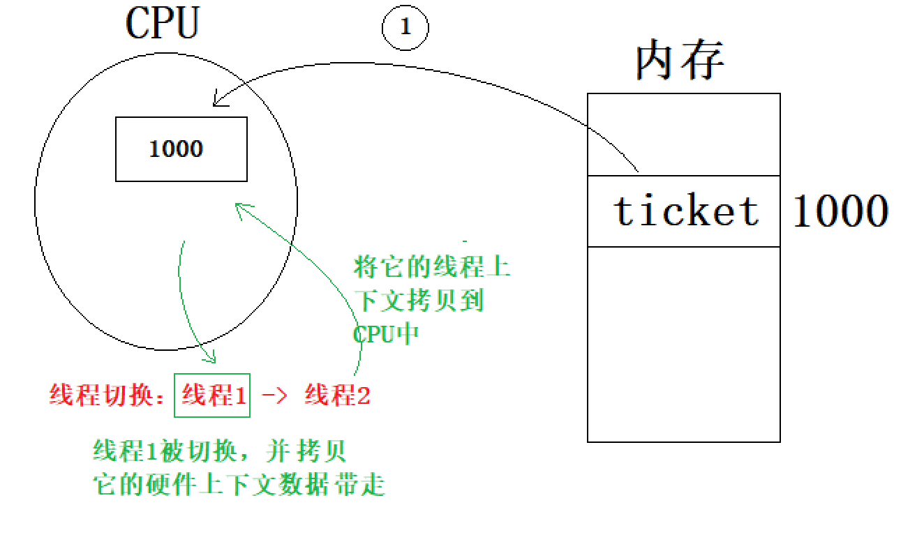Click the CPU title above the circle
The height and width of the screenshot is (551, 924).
[162, 25]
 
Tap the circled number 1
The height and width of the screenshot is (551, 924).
[405, 28]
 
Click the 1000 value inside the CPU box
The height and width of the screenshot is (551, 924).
[176, 149]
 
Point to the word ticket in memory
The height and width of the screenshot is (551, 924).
[685, 210]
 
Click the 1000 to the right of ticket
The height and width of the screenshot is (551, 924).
[840, 210]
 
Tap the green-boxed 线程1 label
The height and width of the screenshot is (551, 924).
[212, 396]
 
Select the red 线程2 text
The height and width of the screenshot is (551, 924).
[337, 396]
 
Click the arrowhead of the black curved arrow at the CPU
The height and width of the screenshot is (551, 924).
[216, 104]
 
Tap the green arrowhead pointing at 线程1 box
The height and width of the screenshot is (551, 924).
[211, 358]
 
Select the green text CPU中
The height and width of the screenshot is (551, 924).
[386, 333]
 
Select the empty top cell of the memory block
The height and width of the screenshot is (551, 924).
[683, 135]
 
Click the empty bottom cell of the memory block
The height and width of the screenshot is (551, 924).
[683, 344]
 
